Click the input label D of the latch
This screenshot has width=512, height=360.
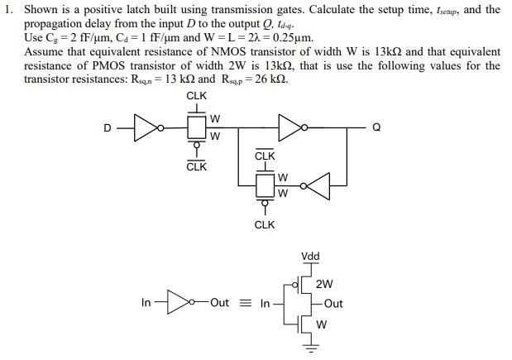pyautogui.click(x=106, y=127)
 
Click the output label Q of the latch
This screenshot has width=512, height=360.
pyautogui.click(x=377, y=127)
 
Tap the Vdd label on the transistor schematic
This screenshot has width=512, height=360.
pyautogui.click(x=311, y=257)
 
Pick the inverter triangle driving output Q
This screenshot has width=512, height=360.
pyautogui.click(x=292, y=127)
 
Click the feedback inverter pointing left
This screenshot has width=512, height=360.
pyautogui.click(x=318, y=186)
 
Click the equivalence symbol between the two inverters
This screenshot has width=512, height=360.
pyautogui.click(x=245, y=303)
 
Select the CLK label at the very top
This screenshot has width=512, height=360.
pyautogui.click(x=197, y=96)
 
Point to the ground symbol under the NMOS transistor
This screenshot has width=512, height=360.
pyautogui.click(x=312, y=347)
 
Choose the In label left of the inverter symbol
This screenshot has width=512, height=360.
pyautogui.click(x=146, y=303)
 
